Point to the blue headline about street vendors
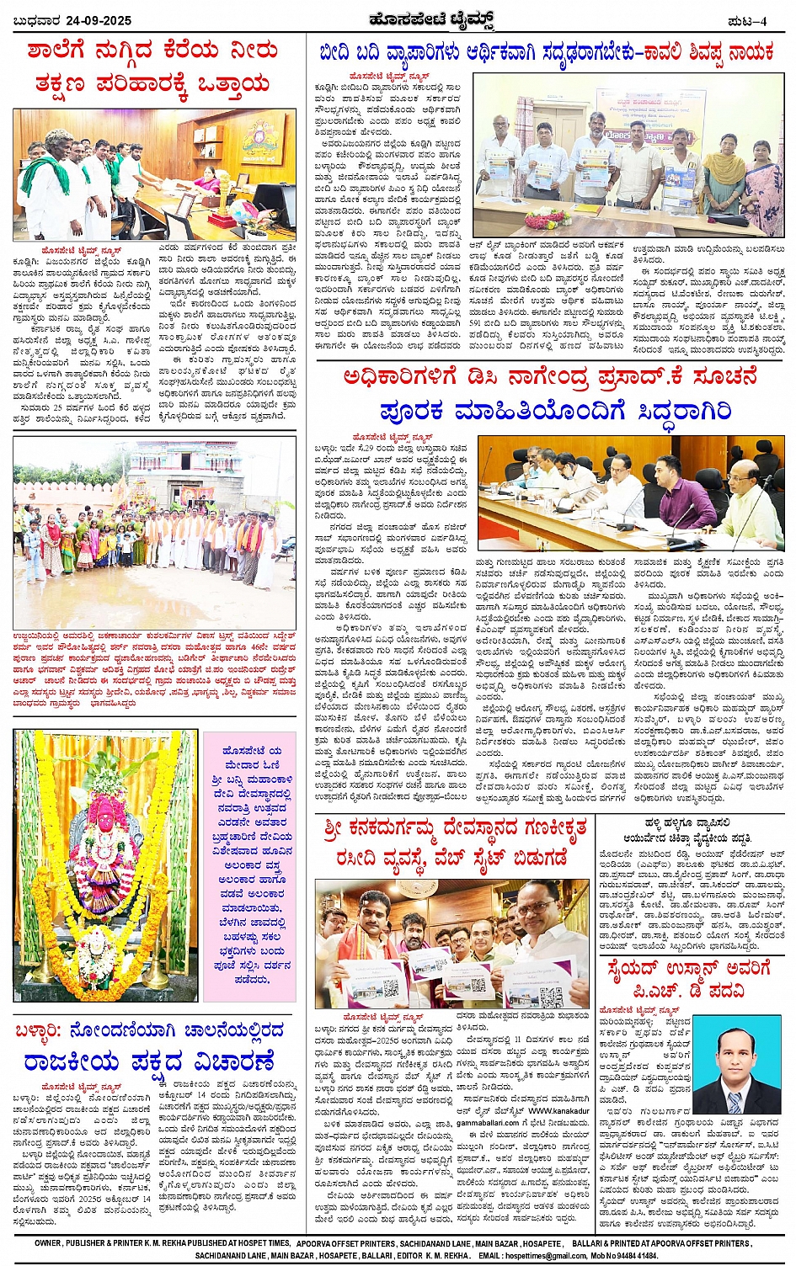pyautogui.click(x=546, y=53)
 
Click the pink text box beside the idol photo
pyautogui.click(x=249, y=865)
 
